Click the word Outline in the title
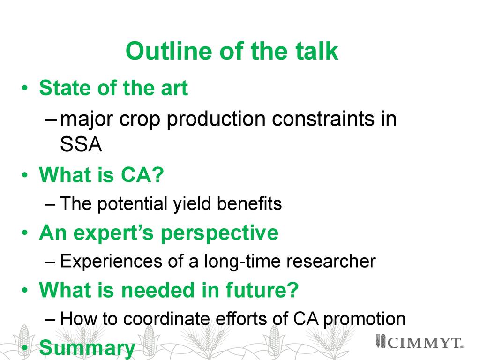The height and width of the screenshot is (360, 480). (x=169, y=51)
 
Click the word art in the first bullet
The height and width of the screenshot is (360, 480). (x=175, y=89)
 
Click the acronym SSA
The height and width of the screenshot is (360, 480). (x=81, y=144)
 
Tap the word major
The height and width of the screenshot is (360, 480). (x=87, y=120)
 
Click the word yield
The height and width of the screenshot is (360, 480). (x=192, y=204)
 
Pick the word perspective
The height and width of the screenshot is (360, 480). (x=219, y=233)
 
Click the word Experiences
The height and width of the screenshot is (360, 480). (x=111, y=262)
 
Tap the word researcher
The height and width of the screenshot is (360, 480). (x=331, y=261)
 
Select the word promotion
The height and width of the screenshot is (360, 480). (x=364, y=320)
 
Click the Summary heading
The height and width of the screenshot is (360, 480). (x=87, y=348)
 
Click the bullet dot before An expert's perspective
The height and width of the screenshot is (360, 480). (x=25, y=232)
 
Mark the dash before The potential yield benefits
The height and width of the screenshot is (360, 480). (x=50, y=204)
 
